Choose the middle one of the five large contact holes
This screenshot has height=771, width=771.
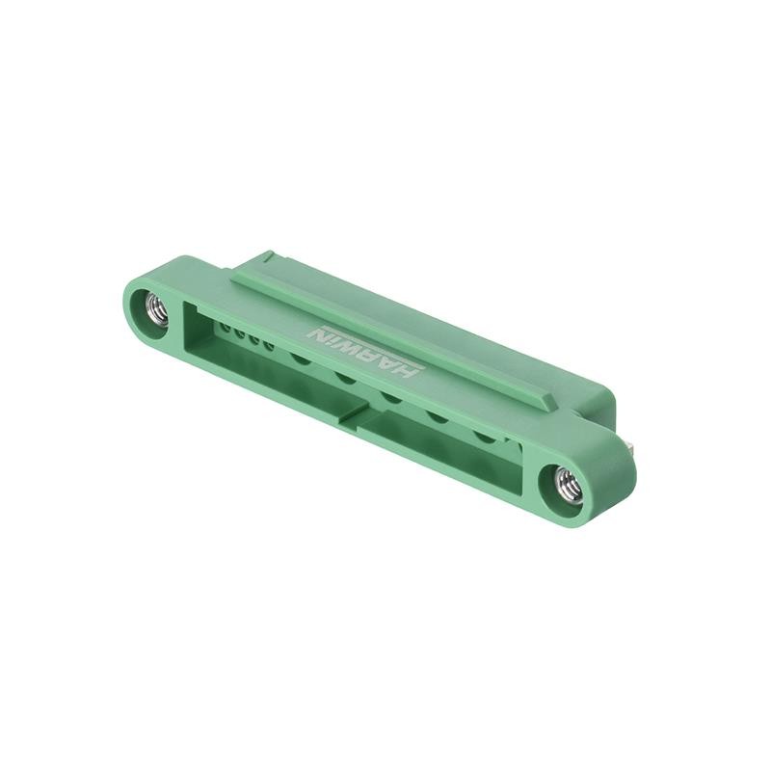[391, 396]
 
